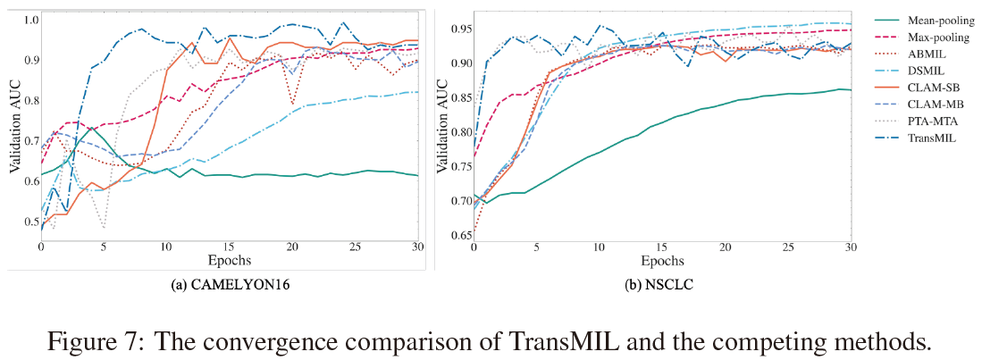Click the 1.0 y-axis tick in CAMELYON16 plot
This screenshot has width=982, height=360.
click(29, 20)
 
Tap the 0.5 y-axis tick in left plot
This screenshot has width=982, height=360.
click(29, 222)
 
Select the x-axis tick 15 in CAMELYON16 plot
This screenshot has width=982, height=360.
click(230, 247)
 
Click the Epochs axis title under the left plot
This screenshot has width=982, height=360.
click(230, 260)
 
